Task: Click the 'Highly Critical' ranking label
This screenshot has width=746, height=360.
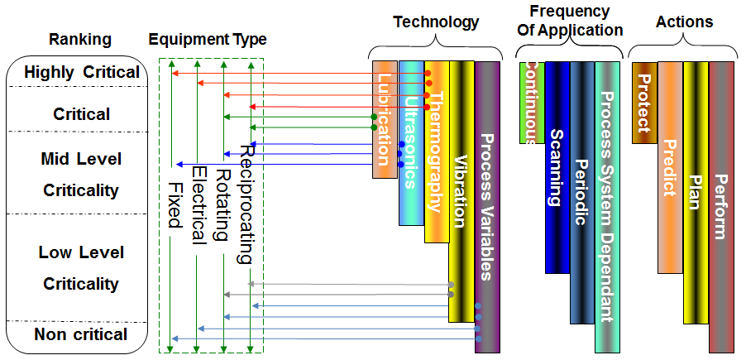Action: (82, 73)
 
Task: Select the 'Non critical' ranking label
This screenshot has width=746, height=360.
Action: (80, 334)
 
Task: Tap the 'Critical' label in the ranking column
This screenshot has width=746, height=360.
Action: (81, 113)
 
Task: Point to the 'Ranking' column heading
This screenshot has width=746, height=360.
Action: (80, 39)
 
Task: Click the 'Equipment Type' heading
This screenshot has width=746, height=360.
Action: (208, 39)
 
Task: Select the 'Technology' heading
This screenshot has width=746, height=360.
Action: (435, 22)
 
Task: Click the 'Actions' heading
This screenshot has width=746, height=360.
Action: (684, 22)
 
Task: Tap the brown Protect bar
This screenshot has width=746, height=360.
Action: (644, 103)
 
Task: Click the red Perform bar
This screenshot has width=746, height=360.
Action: (722, 207)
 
